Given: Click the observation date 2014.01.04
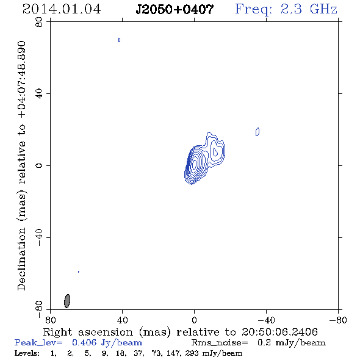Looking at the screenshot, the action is click(62, 9).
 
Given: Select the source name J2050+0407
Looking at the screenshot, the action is click(175, 9).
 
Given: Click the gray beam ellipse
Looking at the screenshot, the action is click(67, 301).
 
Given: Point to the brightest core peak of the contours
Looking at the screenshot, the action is click(195, 164).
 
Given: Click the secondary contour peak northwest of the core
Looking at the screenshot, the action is click(215, 152).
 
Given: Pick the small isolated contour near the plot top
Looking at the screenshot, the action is click(119, 40).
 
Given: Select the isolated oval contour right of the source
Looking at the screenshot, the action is click(257, 132).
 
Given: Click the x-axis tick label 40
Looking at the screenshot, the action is click(122, 320).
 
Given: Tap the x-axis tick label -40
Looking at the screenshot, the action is click(266, 320).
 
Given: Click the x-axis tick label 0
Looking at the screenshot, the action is click(194, 320).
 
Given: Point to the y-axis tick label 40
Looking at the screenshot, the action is click(39, 94).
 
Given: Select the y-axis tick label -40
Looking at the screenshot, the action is click(39, 237).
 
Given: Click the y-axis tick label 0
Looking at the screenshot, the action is click(39, 165).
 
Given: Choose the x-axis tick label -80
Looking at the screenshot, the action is click(338, 320).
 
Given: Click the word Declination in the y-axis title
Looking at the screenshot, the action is click(21, 259).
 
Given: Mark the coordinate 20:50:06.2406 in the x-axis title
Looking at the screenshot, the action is click(279, 332).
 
